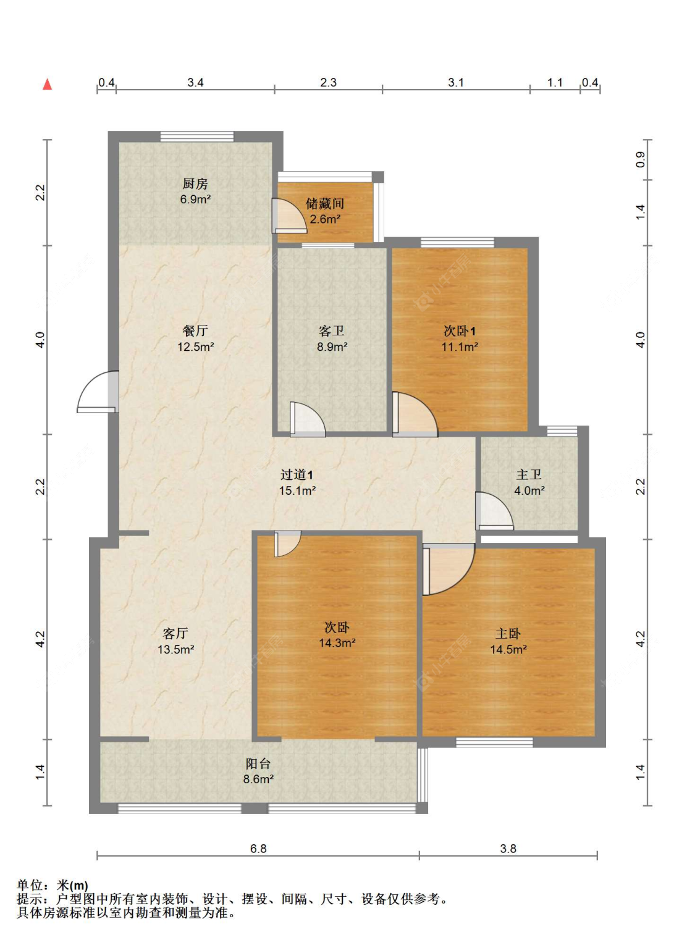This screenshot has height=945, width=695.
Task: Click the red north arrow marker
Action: (x=47, y=85)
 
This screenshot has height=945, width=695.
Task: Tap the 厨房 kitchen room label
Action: (x=195, y=184)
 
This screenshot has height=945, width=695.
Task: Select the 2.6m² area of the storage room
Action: (x=325, y=219)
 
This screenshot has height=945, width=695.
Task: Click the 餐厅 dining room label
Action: (x=195, y=331)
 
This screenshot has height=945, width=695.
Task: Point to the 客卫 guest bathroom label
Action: (x=332, y=331)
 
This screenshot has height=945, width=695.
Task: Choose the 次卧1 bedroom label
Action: (x=460, y=331)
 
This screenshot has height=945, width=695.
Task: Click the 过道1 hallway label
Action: (x=297, y=474)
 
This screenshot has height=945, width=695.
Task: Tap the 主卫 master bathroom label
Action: (x=529, y=474)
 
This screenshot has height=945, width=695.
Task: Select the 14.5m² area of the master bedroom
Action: (x=508, y=650)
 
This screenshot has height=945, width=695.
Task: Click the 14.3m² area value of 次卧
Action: (x=337, y=643)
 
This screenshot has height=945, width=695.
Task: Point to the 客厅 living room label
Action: (x=175, y=634)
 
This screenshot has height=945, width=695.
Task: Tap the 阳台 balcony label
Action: (x=258, y=763)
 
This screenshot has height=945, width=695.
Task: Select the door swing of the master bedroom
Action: (x=447, y=568)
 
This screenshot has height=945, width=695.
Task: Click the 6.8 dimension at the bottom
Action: (x=258, y=849)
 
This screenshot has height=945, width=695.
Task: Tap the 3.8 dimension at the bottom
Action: (x=508, y=849)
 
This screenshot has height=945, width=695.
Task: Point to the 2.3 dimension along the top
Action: (x=328, y=83)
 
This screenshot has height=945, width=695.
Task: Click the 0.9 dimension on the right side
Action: (x=641, y=159)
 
